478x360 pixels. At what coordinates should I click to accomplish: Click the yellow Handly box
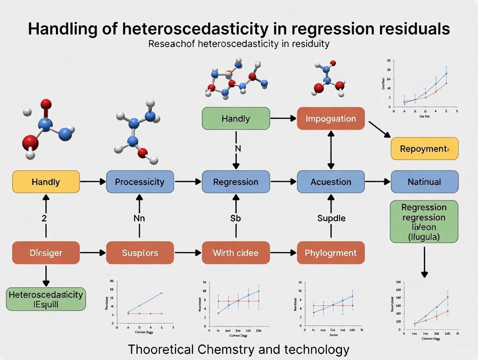pyautogui.click(x=46, y=182)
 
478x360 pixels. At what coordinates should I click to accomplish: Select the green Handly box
pyautogui.click(x=236, y=119)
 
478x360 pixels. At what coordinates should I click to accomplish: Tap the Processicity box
pyautogui.click(x=140, y=182)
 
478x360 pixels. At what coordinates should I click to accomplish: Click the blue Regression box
pyautogui.click(x=236, y=182)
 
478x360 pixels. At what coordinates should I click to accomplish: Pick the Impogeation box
pyautogui.click(x=331, y=119)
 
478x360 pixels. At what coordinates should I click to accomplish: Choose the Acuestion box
pyautogui.click(x=331, y=182)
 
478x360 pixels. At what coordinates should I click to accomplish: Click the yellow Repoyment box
pyautogui.click(x=424, y=149)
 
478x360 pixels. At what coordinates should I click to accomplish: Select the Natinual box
pyautogui.click(x=424, y=182)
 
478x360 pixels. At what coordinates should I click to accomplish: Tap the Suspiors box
pyautogui.click(x=140, y=253)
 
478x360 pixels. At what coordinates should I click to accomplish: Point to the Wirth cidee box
pyautogui.click(x=236, y=253)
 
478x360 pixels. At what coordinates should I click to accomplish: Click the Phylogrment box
pyautogui.click(x=331, y=253)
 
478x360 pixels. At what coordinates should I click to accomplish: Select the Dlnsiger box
pyautogui.click(x=46, y=253)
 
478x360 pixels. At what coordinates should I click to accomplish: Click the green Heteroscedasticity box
pyautogui.click(x=46, y=299)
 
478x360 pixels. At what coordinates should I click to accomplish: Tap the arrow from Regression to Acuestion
pyautogui.click(x=283, y=182)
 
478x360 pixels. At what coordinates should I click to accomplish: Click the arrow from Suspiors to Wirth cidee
pyautogui.click(x=187, y=253)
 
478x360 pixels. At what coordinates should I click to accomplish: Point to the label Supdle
pyautogui.click(x=331, y=218)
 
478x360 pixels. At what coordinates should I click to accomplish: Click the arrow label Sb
pyautogui.click(x=236, y=218)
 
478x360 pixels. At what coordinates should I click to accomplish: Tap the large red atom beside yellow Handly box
pyautogui.click(x=31, y=141)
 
